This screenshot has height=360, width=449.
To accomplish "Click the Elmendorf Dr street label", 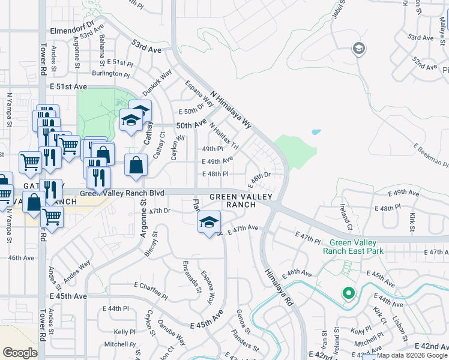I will [74, 26].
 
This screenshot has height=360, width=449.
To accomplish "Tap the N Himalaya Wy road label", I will [231, 110].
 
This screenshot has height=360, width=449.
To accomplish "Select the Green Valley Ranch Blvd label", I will [122, 193].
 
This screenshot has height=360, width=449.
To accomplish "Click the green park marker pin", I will [348, 293].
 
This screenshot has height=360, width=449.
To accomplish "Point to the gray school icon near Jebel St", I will [359, 48].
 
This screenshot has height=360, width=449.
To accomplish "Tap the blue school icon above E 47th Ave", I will [209, 223].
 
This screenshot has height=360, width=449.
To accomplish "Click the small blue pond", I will [316, 131].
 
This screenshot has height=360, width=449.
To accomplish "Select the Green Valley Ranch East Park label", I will [352, 247].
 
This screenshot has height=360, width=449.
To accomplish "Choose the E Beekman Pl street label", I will [426, 155].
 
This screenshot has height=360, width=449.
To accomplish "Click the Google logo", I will [20, 352].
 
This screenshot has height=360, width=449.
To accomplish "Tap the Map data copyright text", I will [411, 355].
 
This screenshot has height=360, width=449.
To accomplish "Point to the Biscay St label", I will [151, 244].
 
